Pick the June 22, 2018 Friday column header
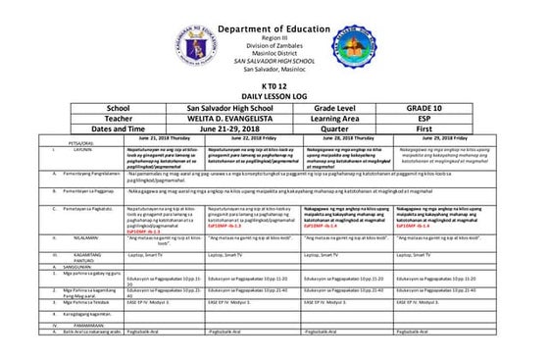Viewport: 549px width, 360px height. (242, 139)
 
